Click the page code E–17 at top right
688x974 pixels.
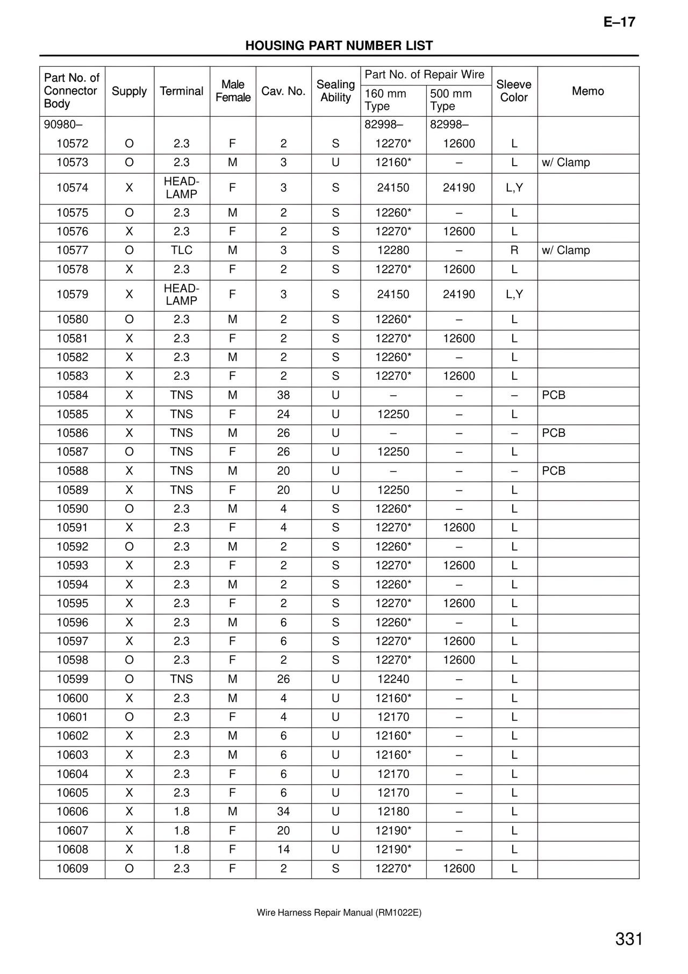619,22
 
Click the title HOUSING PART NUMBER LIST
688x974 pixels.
339,46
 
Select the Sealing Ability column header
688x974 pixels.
335,91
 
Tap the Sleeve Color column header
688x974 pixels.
514,91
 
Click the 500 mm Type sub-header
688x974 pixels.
451,100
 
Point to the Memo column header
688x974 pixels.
587,91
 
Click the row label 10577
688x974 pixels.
73,250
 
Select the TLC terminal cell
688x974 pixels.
182,250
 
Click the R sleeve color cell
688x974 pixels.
514,250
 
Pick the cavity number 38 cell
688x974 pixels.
283,395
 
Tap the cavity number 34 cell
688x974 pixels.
283,812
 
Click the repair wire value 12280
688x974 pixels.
393,250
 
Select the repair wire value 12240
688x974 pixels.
393,679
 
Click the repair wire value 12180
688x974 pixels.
393,812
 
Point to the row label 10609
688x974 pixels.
73,869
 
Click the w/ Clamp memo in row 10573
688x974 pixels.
565,162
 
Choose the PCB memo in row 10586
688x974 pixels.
554,433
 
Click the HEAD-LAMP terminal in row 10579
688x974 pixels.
182,295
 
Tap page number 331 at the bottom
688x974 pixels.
629,940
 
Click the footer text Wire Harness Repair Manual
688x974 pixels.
339,913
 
